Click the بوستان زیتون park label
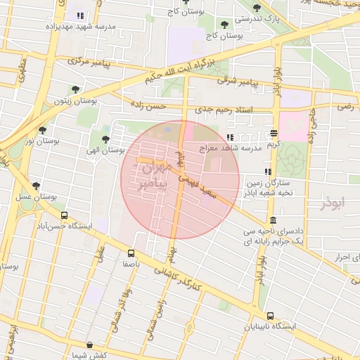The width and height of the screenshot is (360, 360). click(75, 101)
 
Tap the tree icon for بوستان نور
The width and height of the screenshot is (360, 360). click(43, 130)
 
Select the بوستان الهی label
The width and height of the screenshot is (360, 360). click(105, 150)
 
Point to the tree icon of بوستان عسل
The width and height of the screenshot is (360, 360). click(36, 186)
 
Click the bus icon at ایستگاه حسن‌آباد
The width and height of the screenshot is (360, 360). click(65, 216)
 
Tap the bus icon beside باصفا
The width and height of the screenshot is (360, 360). click(131, 253)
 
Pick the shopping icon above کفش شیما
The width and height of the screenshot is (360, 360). click(89, 345)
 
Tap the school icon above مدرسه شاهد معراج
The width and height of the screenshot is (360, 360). click(230, 137)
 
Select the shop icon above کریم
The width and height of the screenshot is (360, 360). click(274, 132)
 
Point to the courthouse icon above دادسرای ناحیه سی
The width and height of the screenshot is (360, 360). click(273, 220)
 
